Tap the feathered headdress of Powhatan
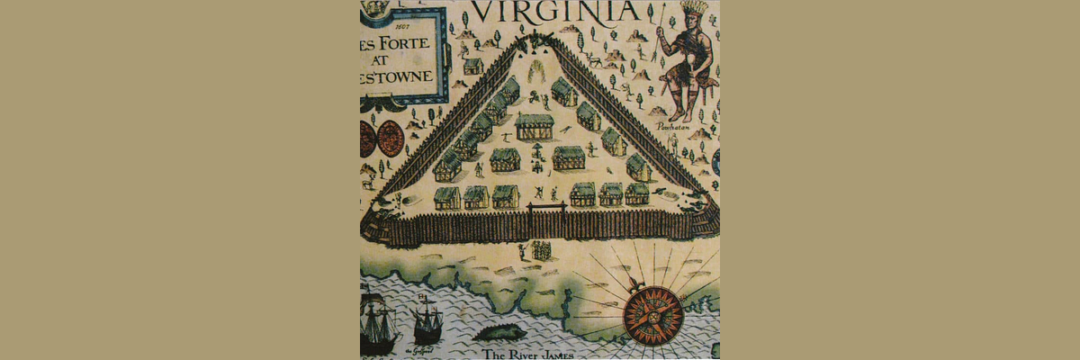coord(689,13)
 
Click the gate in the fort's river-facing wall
coord(547,219)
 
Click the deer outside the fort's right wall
coord(596,61)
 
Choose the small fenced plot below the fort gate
coord(542,250)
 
